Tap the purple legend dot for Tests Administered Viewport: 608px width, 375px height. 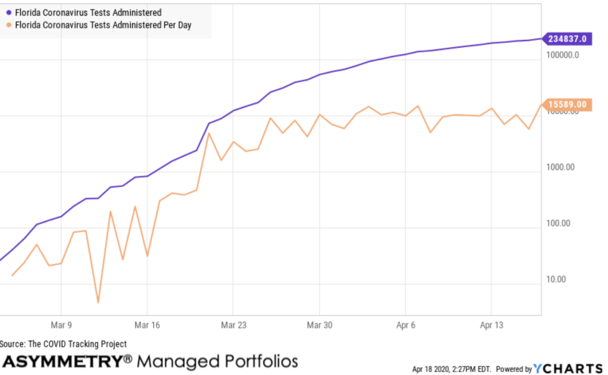point(8,12)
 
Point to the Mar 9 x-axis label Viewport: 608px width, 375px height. point(61,326)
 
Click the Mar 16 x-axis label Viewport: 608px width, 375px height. point(147,326)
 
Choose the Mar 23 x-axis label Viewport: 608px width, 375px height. point(233,326)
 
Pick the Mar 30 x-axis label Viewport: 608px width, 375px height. point(319,326)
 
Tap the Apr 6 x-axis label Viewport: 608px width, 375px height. point(405,326)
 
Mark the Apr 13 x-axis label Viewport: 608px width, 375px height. point(491,326)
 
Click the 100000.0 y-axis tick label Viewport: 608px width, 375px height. point(562,55)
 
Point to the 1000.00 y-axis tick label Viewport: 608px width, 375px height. point(560,167)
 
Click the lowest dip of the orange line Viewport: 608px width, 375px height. point(98,302)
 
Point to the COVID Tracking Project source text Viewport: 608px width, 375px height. point(64,344)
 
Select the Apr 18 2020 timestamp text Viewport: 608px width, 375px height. point(451,370)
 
